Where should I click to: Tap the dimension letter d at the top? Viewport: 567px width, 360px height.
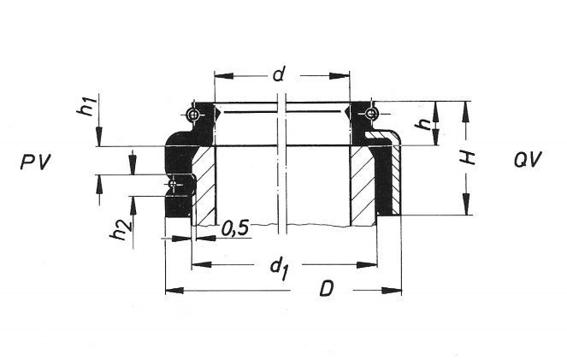(x=278, y=74)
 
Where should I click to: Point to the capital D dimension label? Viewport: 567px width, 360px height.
(x=326, y=290)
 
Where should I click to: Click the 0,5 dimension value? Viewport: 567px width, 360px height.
(x=234, y=229)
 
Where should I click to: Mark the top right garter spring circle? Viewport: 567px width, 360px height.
(x=370, y=114)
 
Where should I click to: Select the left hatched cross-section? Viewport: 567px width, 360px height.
(x=205, y=184)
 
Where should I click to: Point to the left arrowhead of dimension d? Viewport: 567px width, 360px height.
(x=220, y=75)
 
